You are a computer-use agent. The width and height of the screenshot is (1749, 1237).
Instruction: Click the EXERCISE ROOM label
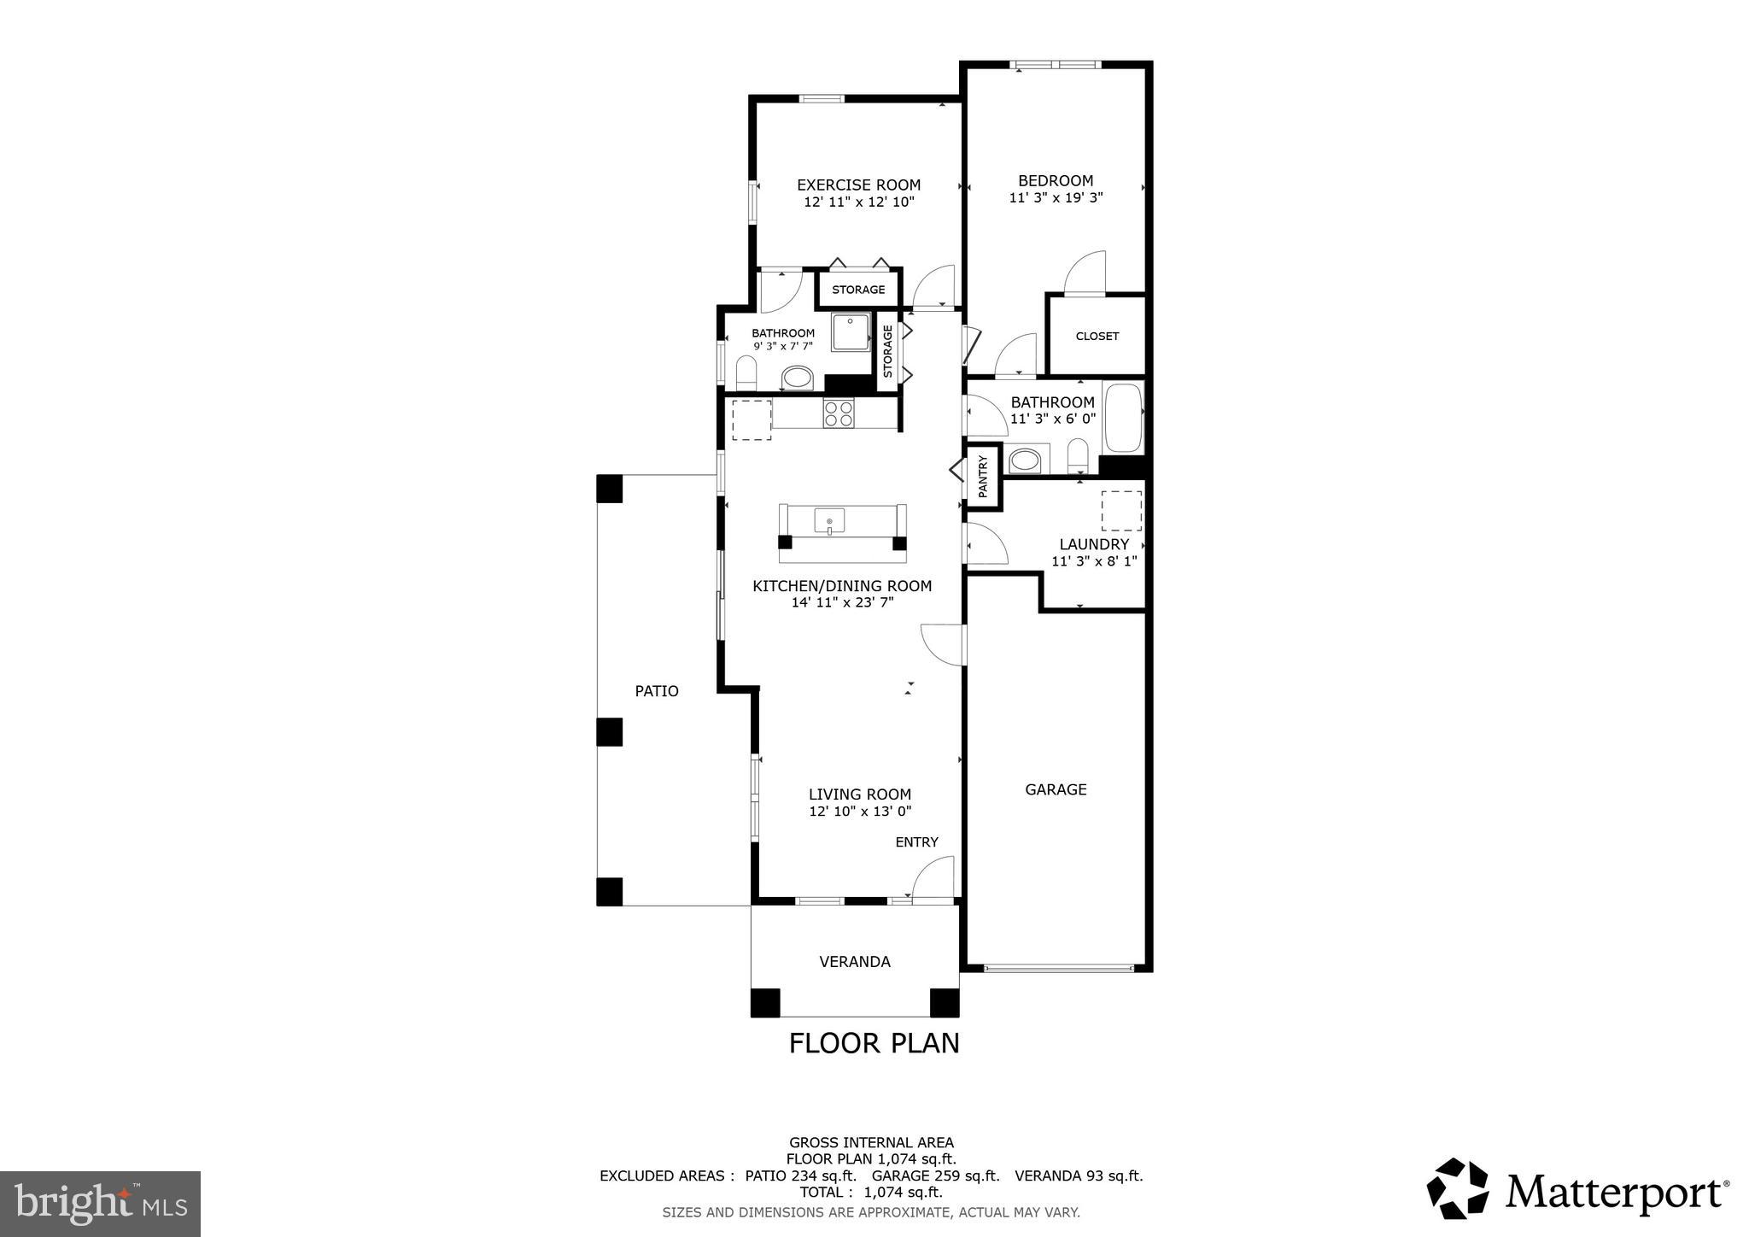(858, 185)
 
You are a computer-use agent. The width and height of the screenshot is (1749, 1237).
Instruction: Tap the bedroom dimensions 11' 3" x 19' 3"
(1056, 197)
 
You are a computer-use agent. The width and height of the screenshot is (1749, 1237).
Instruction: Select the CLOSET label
(1097, 336)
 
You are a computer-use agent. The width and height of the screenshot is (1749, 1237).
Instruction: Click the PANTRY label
(982, 477)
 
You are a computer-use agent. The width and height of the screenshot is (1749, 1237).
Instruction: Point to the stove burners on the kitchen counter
(838, 413)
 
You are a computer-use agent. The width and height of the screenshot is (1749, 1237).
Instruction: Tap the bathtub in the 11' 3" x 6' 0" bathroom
(1122, 419)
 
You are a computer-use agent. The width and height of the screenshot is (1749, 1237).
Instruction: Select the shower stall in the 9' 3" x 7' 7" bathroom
(850, 333)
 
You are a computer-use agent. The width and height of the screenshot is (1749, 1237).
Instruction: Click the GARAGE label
(1056, 789)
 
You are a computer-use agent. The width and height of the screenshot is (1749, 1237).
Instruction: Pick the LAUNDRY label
(1094, 544)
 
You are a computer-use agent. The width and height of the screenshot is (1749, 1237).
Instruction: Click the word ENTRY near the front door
(916, 842)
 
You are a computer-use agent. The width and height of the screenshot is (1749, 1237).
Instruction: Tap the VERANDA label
(855, 962)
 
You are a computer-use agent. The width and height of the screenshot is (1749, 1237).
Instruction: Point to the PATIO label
(657, 691)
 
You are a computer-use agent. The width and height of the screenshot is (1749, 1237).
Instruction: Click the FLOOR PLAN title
(874, 1043)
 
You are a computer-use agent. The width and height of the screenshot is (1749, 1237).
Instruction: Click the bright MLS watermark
(100, 1204)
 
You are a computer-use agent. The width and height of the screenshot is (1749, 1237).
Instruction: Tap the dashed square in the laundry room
(1120, 511)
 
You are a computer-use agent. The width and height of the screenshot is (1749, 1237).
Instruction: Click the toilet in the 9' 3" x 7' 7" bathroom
(746, 372)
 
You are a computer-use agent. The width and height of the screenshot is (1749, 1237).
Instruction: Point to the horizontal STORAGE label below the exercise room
(858, 290)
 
